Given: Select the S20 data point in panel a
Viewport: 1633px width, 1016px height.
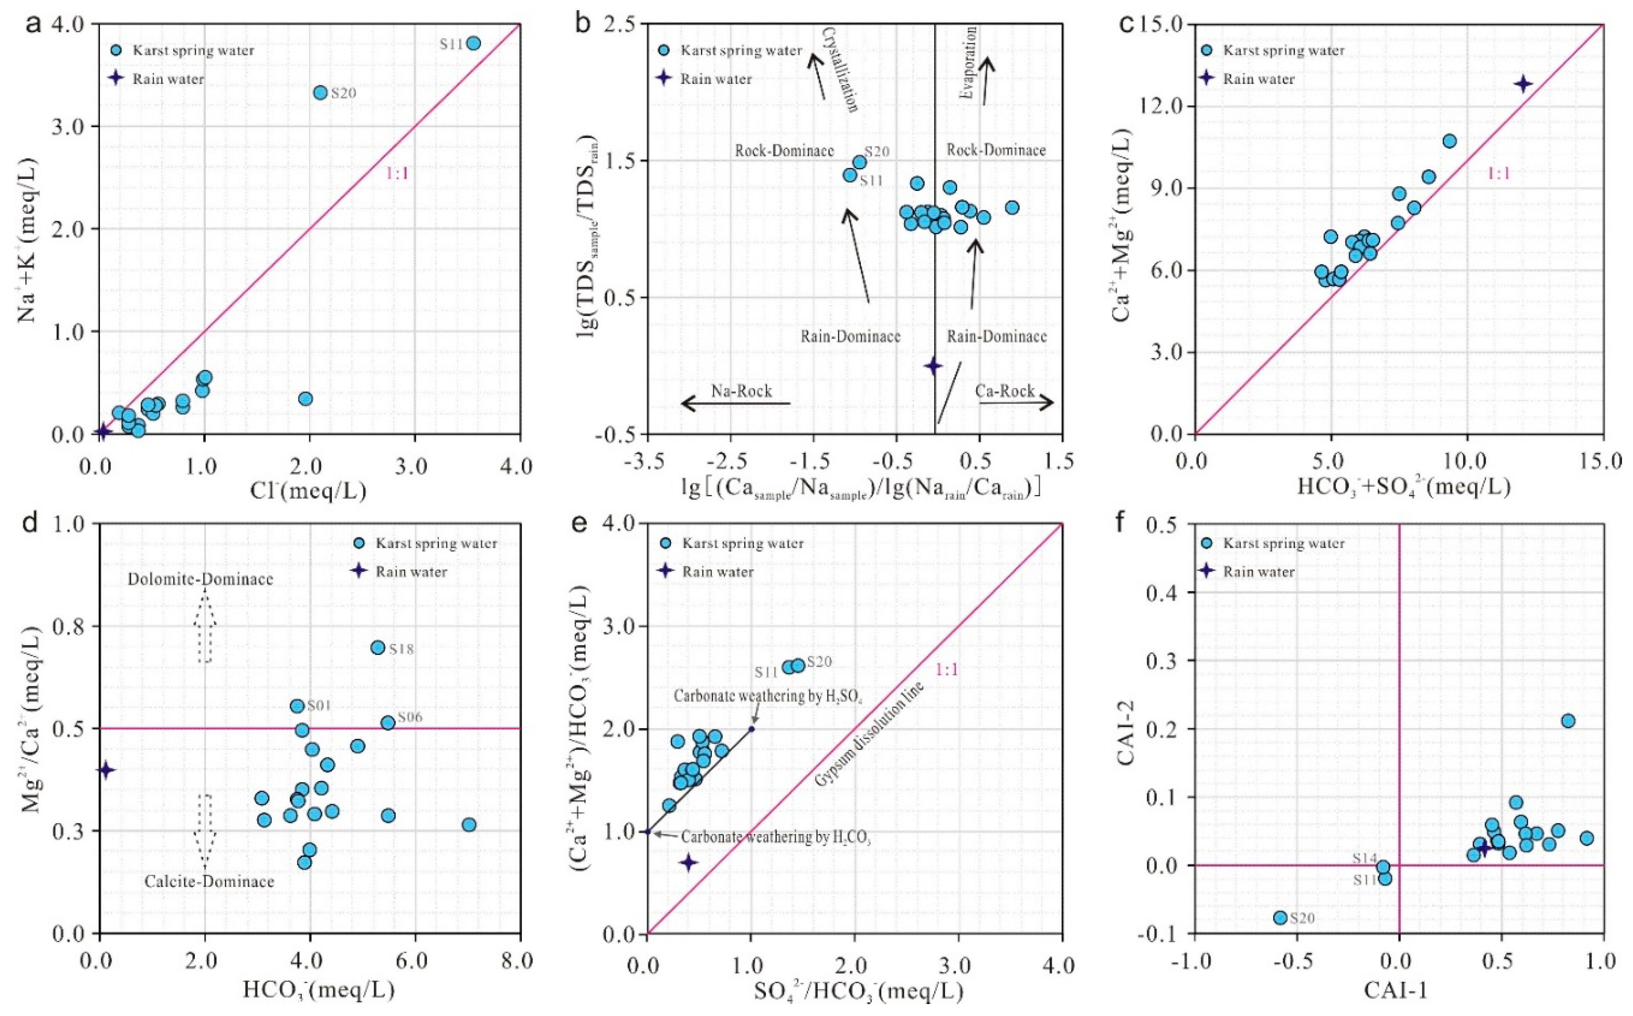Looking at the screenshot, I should (320, 92).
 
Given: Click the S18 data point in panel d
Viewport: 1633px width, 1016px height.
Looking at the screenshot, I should (378, 647).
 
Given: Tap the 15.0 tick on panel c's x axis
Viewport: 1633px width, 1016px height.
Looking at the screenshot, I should (1603, 461).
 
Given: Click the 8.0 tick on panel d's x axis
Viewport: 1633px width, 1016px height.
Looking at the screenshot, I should (519, 961).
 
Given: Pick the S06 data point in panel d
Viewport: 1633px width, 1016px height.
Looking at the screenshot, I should (388, 723).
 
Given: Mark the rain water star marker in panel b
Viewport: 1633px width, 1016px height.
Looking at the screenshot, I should (933, 365).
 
